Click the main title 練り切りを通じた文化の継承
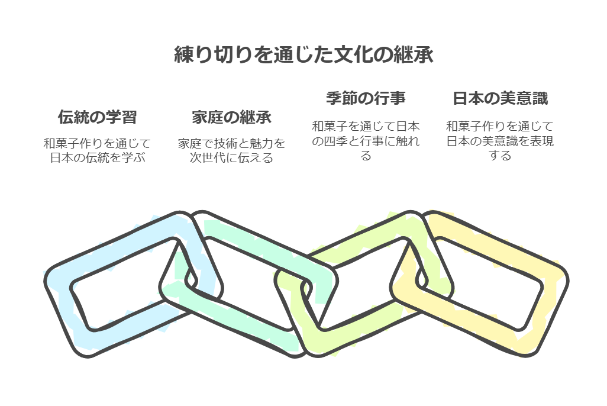pyautogui.click(x=303, y=55)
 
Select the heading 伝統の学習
pyautogui.click(x=97, y=117)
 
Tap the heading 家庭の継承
pyautogui.click(x=231, y=117)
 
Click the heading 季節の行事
pyautogui.click(x=366, y=98)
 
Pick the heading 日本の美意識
pyautogui.click(x=500, y=98)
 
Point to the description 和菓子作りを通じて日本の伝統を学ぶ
pyautogui.click(x=97, y=150)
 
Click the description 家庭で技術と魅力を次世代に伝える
pyautogui.click(x=231, y=150)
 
